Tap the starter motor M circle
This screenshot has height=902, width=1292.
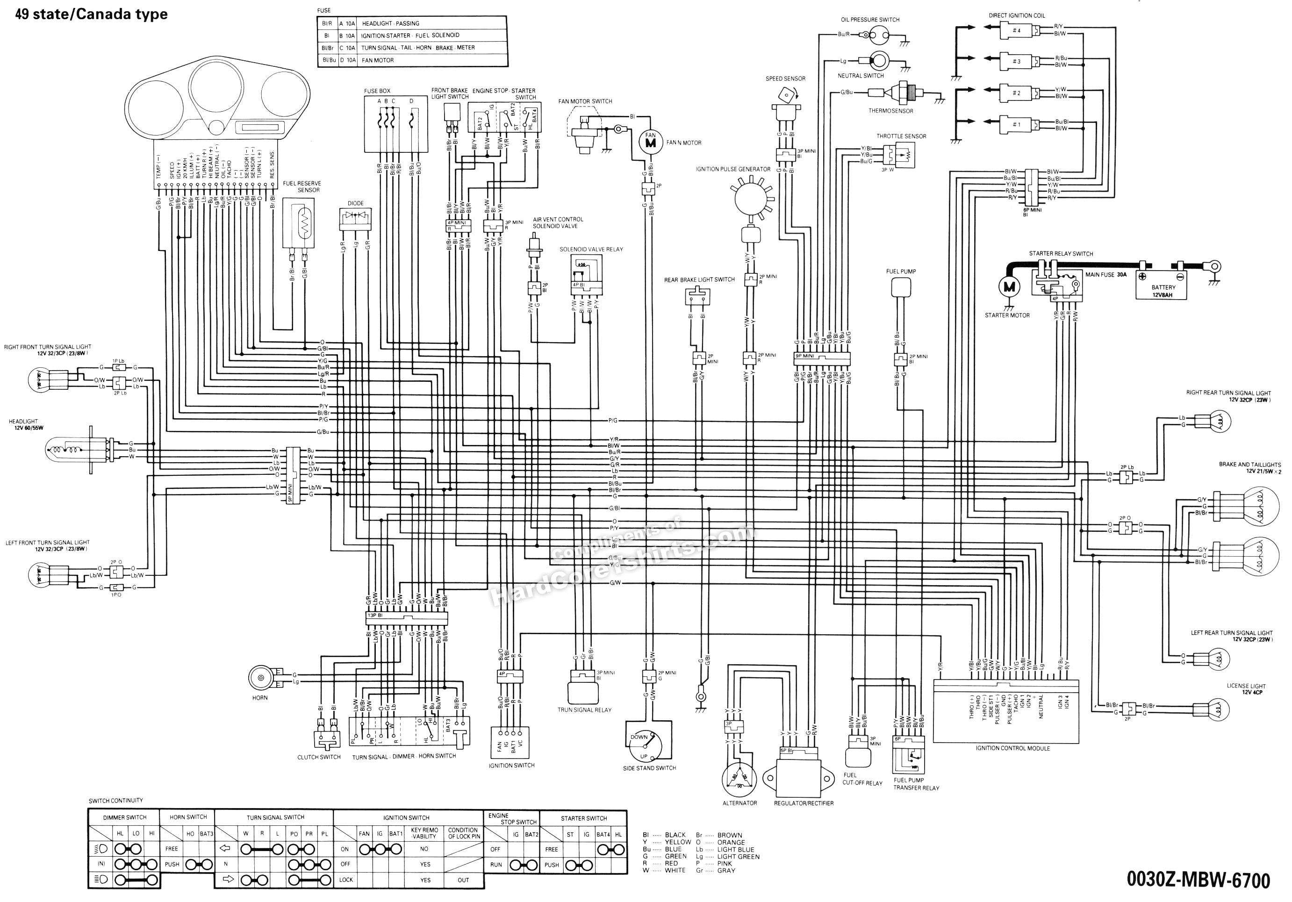pyautogui.click(x=1008, y=287)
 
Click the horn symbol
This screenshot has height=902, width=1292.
pyautogui.click(x=261, y=679)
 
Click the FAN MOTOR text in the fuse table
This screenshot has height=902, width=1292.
pyautogui.click(x=378, y=60)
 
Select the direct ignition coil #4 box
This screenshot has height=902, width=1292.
pyautogui.click(x=1017, y=30)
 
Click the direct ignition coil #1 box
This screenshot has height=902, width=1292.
pyautogui.click(x=1017, y=124)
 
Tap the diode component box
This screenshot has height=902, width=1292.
pyautogui.click(x=355, y=219)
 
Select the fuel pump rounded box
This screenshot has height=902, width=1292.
pyautogui.click(x=901, y=287)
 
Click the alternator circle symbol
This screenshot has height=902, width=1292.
pyautogui.click(x=739, y=779)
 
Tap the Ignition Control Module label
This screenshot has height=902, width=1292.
pyautogui.click(x=1012, y=748)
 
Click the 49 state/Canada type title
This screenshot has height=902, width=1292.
pyautogui.click(x=91, y=14)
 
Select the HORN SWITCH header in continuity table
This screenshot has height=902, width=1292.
pyautogui.click(x=188, y=817)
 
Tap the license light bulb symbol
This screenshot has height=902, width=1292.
pyautogui.click(x=1216, y=709)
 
